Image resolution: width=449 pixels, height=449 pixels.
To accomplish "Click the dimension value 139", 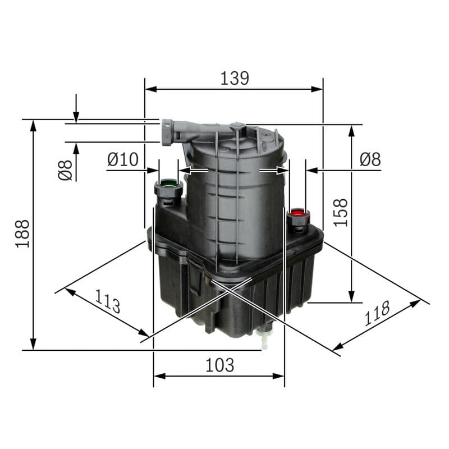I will click(x=234, y=78).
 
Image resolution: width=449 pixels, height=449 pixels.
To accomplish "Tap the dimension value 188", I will click(x=22, y=233).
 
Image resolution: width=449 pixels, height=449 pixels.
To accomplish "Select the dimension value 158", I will click(x=340, y=212).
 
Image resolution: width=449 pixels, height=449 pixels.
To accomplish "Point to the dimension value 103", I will click(x=219, y=365).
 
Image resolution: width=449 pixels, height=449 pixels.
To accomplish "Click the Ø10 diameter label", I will click(x=122, y=160).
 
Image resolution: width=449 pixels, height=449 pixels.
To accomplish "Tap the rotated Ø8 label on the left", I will click(x=66, y=170).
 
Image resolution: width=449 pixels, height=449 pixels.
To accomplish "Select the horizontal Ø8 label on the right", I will click(x=370, y=160).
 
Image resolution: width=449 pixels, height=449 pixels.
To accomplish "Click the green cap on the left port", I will click(x=168, y=184).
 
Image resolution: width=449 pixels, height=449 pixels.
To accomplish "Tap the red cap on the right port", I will click(x=297, y=213).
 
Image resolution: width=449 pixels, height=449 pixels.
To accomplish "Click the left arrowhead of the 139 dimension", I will click(x=150, y=89).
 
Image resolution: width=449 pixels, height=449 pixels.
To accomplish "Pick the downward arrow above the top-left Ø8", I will click(x=76, y=116).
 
